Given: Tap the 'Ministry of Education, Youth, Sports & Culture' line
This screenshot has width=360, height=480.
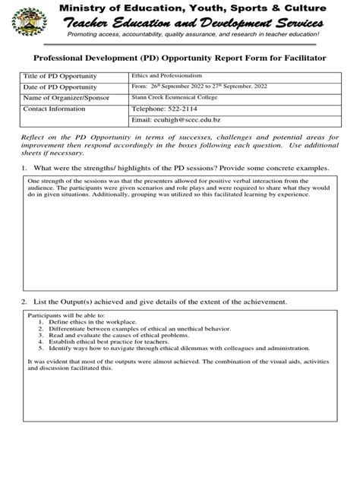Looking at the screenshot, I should [201, 8].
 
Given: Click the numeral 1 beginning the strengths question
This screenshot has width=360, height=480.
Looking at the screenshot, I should [25, 168].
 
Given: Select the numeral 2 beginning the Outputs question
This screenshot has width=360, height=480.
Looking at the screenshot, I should [25, 302].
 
